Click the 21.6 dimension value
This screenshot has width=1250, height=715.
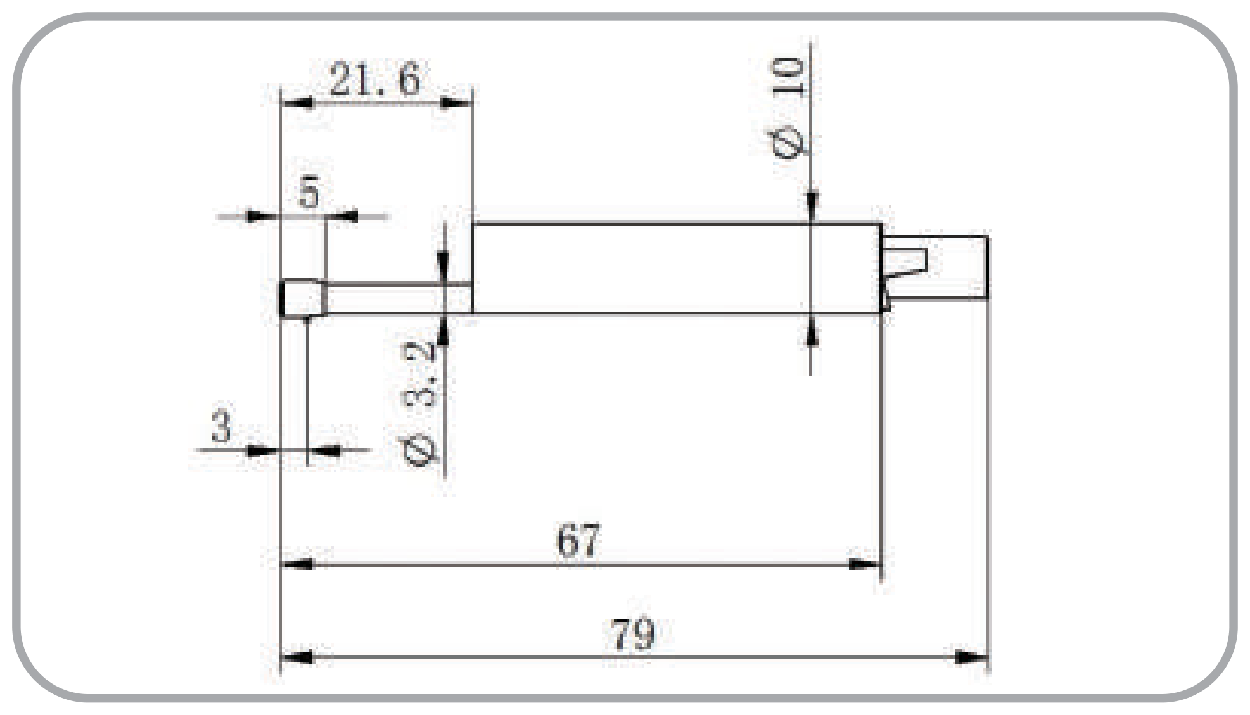[x=374, y=80]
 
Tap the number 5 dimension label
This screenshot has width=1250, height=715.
[x=310, y=193]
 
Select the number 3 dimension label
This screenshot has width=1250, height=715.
[x=220, y=426]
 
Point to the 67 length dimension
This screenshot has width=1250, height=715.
[x=577, y=541]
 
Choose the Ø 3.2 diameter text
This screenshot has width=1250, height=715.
[x=420, y=403]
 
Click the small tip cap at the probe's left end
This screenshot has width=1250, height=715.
[x=303, y=299]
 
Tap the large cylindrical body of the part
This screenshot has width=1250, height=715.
[x=677, y=268]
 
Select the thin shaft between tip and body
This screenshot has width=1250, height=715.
[x=399, y=298]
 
